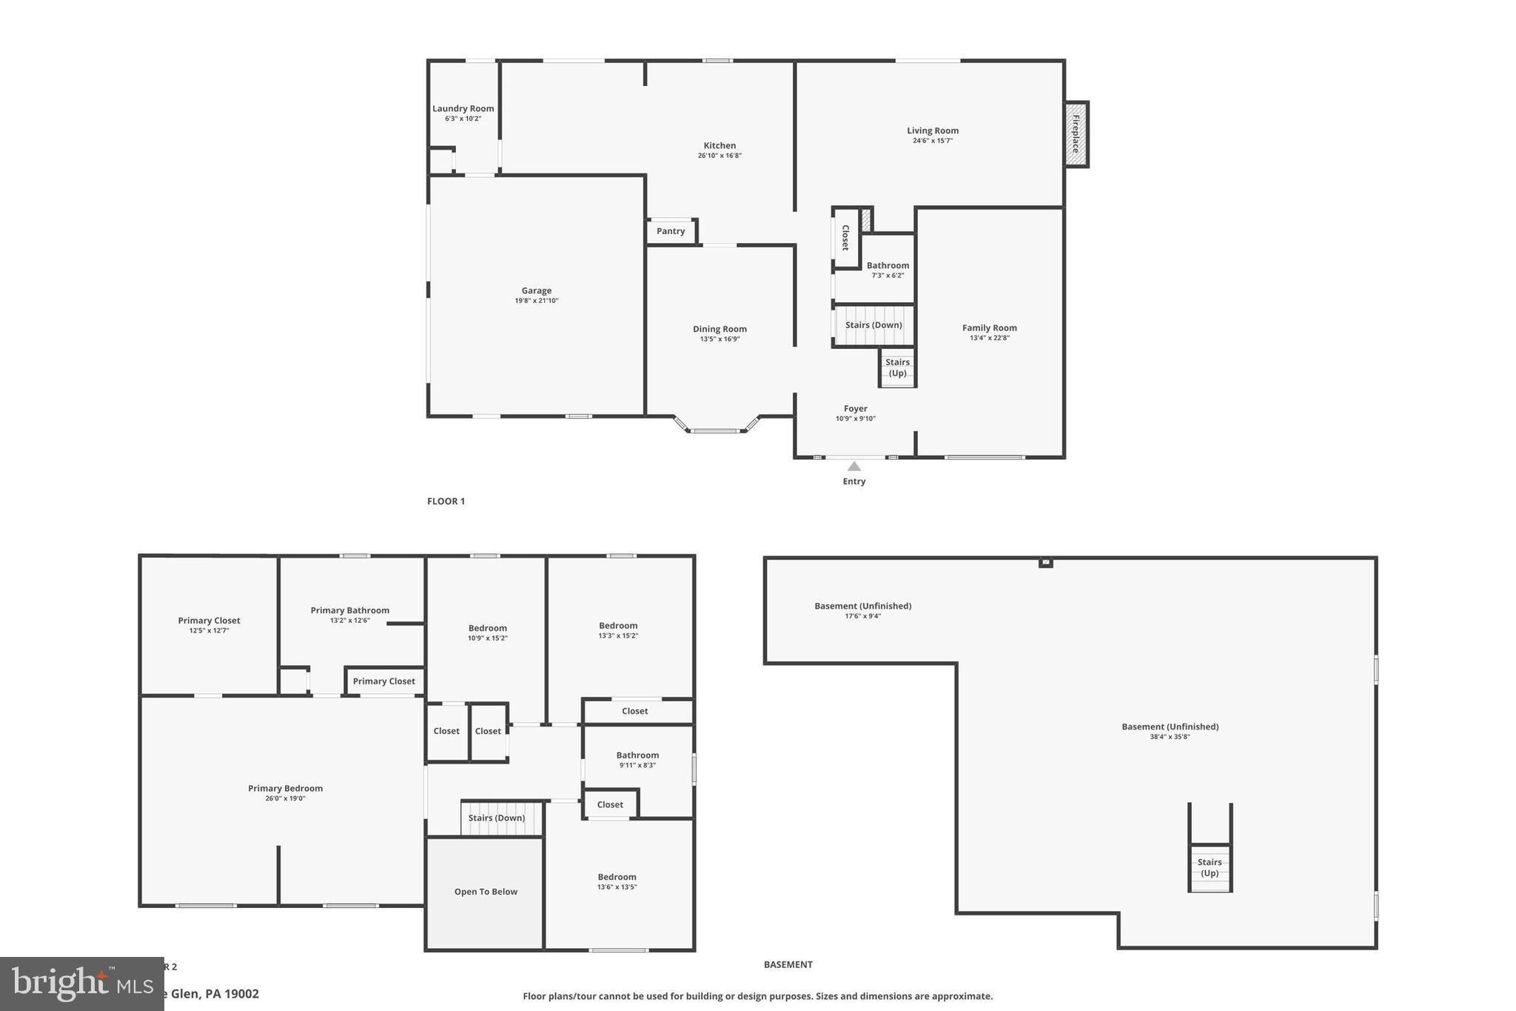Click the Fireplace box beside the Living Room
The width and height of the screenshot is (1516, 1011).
(x=1076, y=134)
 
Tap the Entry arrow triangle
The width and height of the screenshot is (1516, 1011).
(x=853, y=467)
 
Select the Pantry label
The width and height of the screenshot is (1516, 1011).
(x=671, y=231)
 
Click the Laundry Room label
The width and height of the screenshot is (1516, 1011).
(x=463, y=109)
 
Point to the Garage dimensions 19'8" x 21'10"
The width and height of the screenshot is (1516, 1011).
(x=537, y=301)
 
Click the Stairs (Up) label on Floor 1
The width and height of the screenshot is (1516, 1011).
(x=897, y=367)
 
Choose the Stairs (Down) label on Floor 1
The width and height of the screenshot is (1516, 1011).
(x=873, y=325)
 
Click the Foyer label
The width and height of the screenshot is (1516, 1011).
(x=855, y=409)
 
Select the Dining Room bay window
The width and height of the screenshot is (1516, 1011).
(x=715, y=430)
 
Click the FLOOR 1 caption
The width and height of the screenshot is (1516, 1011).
(x=446, y=501)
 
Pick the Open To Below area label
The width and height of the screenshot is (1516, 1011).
(x=486, y=892)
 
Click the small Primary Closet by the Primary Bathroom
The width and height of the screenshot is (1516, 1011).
(x=383, y=681)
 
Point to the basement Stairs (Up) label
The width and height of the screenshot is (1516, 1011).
(x=1210, y=867)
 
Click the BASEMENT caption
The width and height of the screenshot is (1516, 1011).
(x=788, y=964)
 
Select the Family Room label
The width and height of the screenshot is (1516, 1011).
(x=989, y=328)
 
